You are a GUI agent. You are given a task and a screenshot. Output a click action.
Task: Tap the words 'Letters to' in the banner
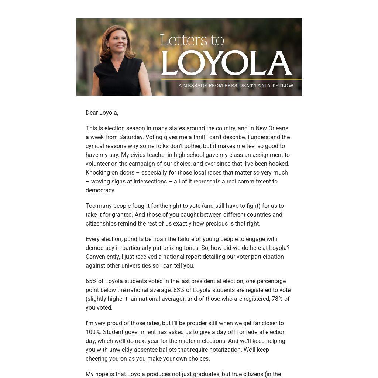[192, 40]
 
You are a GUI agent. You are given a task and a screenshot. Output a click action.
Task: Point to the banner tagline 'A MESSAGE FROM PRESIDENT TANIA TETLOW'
[236, 86]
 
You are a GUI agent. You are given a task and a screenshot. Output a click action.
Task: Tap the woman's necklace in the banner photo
[117, 68]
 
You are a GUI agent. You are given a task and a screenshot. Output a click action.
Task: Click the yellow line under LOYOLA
[231, 79]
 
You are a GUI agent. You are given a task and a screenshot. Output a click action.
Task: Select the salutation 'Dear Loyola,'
[102, 113]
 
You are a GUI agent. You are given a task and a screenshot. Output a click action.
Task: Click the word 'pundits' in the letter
[134, 239]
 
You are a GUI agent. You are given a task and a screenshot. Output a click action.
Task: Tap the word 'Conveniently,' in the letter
[103, 257]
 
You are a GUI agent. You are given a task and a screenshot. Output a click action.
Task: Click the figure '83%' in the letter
[179, 290]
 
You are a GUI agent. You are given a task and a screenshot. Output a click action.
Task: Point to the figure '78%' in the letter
[277, 299]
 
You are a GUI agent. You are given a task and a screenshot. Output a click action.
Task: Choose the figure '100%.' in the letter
[93, 332]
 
